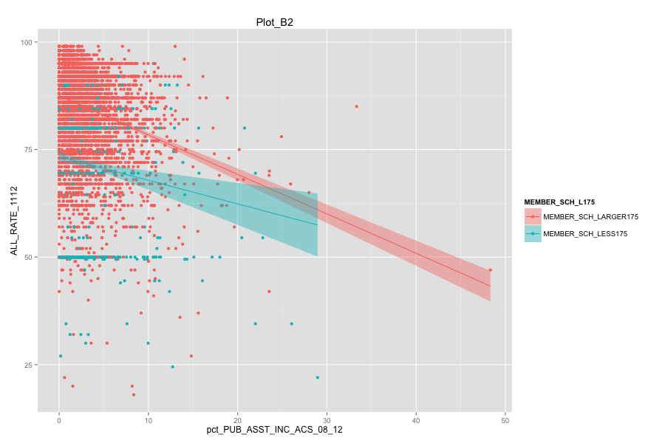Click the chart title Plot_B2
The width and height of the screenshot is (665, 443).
(x=275, y=22)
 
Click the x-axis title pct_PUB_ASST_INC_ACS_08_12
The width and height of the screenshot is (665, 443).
(x=275, y=429)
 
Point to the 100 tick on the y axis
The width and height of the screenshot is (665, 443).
(x=25, y=42)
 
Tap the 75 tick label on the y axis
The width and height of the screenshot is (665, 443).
(x=27, y=150)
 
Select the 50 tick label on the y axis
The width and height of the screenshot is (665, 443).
(x=27, y=258)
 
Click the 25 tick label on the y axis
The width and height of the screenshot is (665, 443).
(x=27, y=365)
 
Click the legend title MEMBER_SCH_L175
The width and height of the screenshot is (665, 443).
(x=560, y=202)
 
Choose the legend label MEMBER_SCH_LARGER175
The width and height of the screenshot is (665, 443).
(x=590, y=217)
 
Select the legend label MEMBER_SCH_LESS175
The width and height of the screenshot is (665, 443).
(x=585, y=234)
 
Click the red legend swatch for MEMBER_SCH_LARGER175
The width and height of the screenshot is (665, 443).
(x=533, y=217)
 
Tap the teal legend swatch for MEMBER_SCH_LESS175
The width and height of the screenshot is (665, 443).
(x=533, y=234)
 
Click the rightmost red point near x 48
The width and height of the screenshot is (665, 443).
(x=490, y=270)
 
